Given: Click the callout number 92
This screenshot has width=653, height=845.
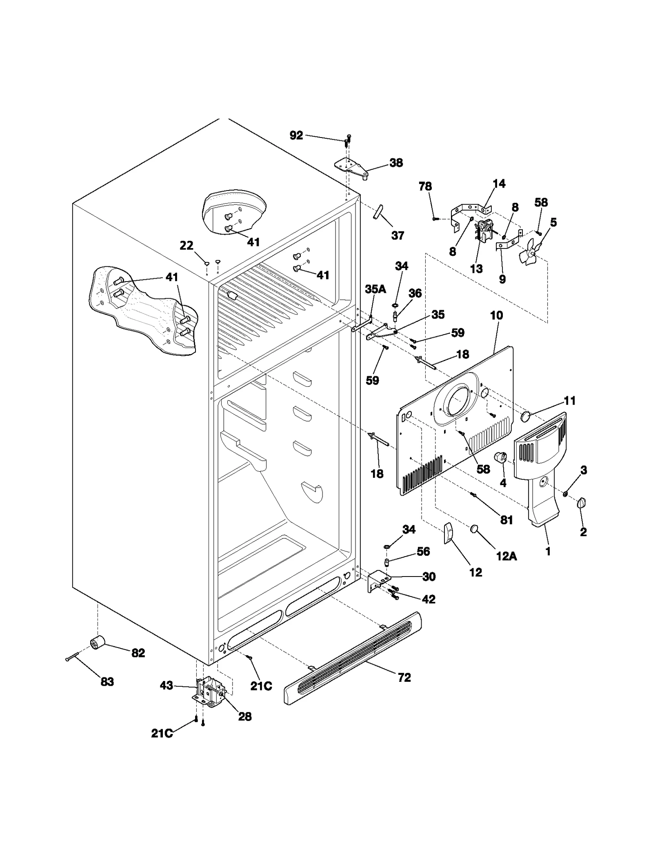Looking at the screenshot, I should click(296, 135).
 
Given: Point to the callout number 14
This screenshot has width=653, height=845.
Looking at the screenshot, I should click(499, 184).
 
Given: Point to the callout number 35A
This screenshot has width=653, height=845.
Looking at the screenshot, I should click(375, 289).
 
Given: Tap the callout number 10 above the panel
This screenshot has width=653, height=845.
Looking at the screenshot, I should click(496, 315).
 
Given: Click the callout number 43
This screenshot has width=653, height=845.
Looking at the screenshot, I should click(167, 685).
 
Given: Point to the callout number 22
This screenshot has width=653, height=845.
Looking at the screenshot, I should click(187, 246).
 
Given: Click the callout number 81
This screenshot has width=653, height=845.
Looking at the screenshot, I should click(506, 520).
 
